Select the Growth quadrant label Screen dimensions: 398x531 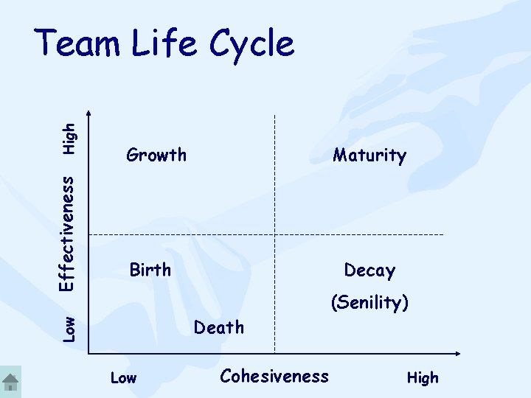click(156, 155)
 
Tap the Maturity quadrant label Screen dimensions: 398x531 click(369, 156)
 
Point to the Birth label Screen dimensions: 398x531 click(150, 270)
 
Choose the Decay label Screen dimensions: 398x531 click(369, 270)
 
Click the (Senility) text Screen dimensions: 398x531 click(369, 302)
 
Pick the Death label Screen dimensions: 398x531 click(218, 327)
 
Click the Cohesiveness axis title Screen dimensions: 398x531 click(274, 377)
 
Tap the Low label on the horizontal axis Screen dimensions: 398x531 click(123, 378)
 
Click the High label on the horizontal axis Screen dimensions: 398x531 click(423, 378)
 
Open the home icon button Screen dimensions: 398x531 click(10, 382)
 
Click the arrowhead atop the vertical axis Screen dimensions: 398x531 click(90, 114)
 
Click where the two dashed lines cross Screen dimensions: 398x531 click(275, 234)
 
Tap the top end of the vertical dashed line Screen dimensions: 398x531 click(275, 116)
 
